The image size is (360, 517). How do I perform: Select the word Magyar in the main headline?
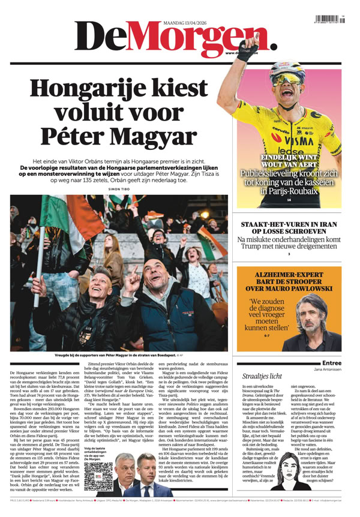click(x=154, y=136)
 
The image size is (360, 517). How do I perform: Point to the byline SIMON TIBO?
click(x=119, y=189)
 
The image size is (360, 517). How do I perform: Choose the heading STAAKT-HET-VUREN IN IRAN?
click(x=289, y=226)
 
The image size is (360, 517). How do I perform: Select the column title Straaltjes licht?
click(x=262, y=376)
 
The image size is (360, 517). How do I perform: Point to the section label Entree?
click(x=332, y=362)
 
